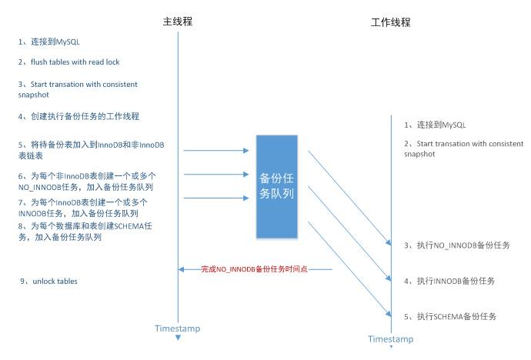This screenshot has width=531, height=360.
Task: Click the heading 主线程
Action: [x=178, y=21]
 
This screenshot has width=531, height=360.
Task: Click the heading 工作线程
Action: [x=390, y=22]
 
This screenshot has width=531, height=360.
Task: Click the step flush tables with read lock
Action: [x=69, y=62]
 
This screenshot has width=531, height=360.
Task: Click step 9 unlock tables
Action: [x=48, y=282]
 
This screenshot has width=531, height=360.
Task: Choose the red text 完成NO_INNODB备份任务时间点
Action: [x=255, y=269]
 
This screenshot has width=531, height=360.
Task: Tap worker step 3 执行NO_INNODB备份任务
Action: [x=457, y=245]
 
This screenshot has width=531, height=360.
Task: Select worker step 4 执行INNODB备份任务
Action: [x=449, y=281]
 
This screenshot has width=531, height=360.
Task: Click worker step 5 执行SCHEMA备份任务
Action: [x=450, y=316]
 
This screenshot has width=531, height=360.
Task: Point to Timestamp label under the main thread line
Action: [x=177, y=328]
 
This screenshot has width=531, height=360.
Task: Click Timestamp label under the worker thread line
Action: [x=390, y=339]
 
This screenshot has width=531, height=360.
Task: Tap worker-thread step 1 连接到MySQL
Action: [x=436, y=125]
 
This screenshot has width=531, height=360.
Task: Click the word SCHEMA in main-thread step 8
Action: [x=129, y=227]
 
